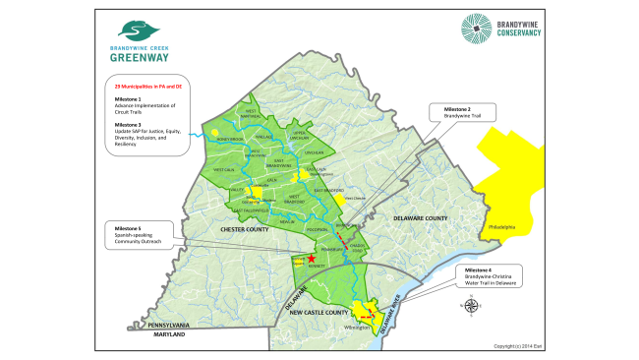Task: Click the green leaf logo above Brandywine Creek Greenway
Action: pyautogui.click(x=135, y=30)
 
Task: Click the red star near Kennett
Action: pyautogui.click(x=312, y=258)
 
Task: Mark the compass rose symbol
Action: pyautogui.click(x=466, y=307)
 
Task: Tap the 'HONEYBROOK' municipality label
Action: pyautogui.click(x=216, y=139)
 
